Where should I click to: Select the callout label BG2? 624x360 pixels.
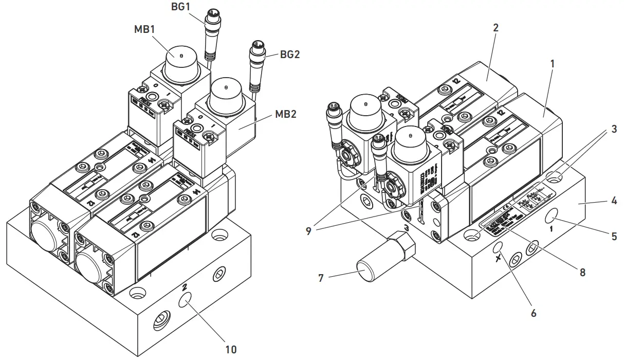pyautogui.click(x=290, y=54)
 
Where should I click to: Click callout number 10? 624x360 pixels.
pyautogui.click(x=230, y=349)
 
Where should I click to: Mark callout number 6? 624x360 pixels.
pyautogui.click(x=533, y=312)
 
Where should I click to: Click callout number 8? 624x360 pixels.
pyautogui.click(x=582, y=272)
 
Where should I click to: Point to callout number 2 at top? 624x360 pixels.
pyautogui.click(x=495, y=28)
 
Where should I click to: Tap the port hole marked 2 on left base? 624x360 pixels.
pyautogui.click(x=185, y=301)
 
